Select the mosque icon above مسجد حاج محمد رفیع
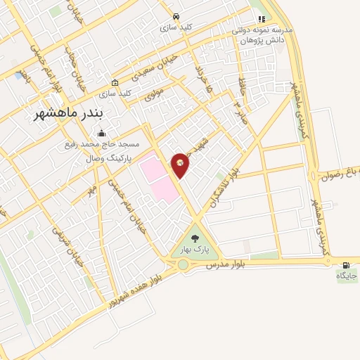click(x=102, y=134)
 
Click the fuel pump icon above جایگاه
click(x=345, y=265)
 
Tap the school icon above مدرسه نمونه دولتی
click(x=262, y=19)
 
